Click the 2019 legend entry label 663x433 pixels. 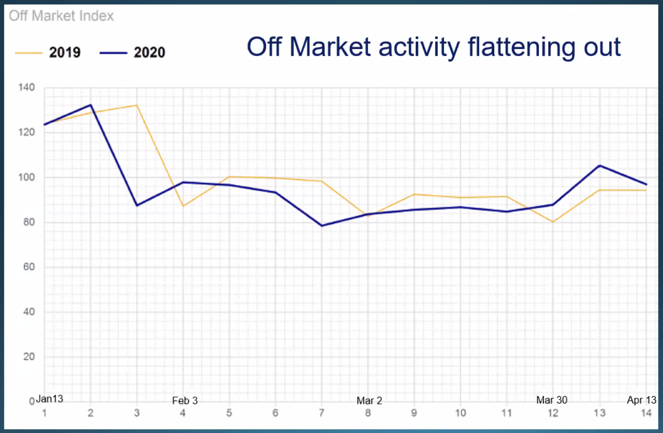click(x=65, y=52)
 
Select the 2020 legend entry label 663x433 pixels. click(x=149, y=52)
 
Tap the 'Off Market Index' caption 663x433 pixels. click(x=61, y=16)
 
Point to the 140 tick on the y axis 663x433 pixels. click(x=27, y=87)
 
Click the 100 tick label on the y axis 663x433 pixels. click(x=27, y=177)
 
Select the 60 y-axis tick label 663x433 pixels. click(x=29, y=267)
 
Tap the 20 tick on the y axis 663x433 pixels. click(x=29, y=357)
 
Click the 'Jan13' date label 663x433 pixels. click(x=49, y=399)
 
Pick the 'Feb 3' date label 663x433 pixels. click(x=185, y=401)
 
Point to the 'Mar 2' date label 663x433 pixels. click(x=370, y=401)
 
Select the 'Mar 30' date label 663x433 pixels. click(x=552, y=400)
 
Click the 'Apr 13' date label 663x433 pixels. click(x=642, y=400)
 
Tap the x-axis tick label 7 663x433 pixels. click(x=321, y=413)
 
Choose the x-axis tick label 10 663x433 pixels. click(x=460, y=413)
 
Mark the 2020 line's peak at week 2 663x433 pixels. click(x=90, y=105)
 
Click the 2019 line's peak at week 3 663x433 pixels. click(x=137, y=105)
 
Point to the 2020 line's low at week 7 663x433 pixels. click(x=322, y=226)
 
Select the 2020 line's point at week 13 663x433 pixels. click(x=600, y=166)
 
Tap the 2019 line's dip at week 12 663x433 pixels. click(x=553, y=222)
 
